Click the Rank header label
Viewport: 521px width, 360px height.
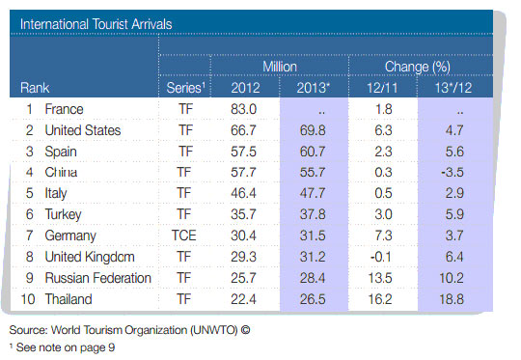pos(36,88)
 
